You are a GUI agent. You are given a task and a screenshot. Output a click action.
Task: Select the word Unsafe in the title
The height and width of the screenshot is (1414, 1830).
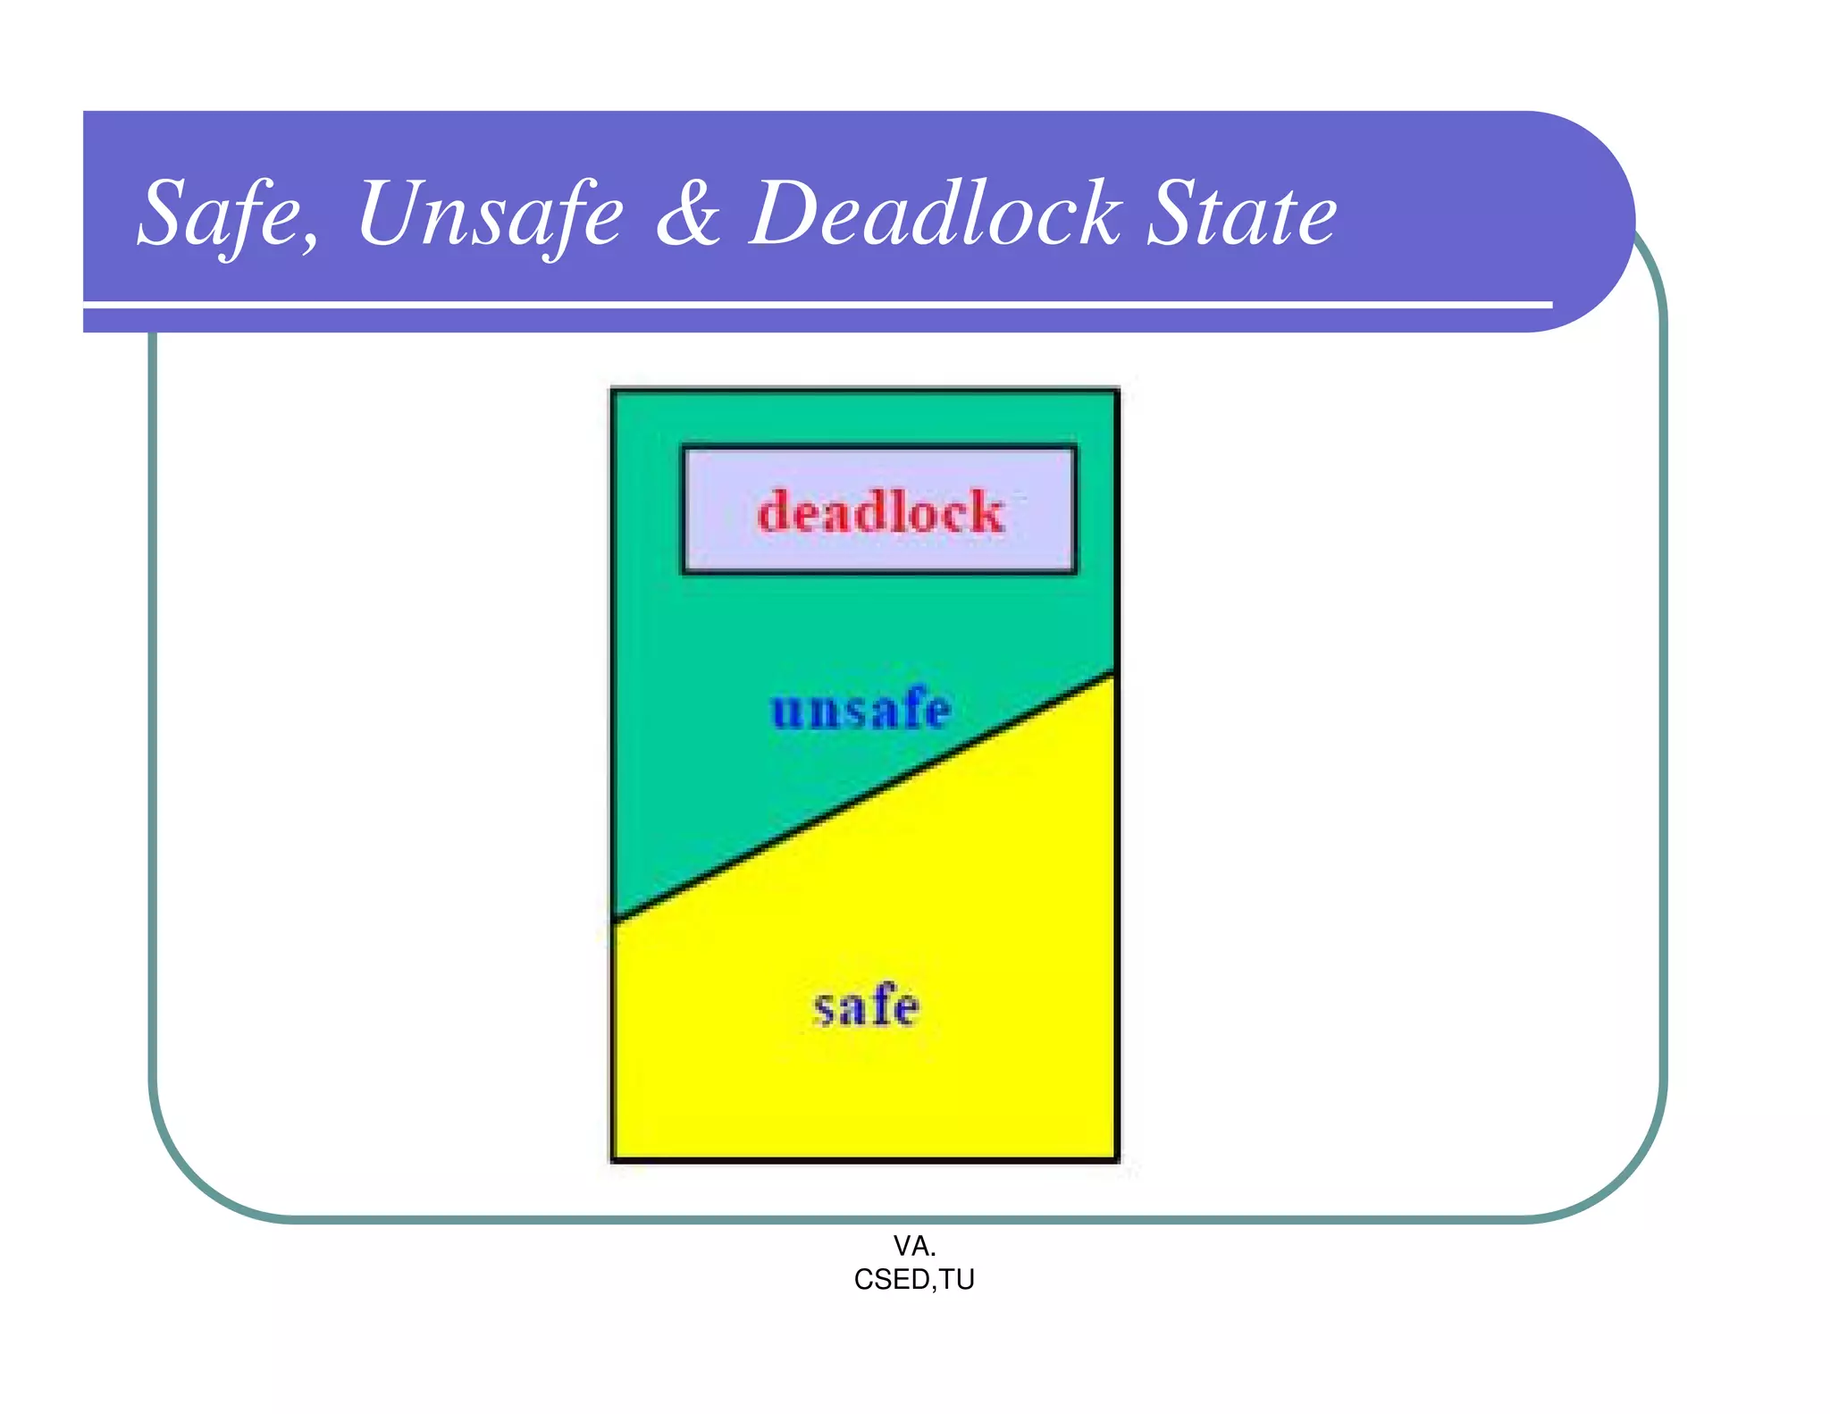pyautogui.click(x=490, y=215)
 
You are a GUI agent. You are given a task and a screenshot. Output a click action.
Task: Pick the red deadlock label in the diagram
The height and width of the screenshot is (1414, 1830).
pyautogui.click(x=880, y=512)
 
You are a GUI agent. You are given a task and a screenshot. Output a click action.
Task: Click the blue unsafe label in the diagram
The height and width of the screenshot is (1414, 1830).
pyautogui.click(x=860, y=710)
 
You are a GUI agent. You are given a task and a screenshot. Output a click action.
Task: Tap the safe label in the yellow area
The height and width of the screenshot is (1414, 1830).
pyautogui.click(x=866, y=1006)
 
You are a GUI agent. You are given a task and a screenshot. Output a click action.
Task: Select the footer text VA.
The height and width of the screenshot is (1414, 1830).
pyautogui.click(x=914, y=1245)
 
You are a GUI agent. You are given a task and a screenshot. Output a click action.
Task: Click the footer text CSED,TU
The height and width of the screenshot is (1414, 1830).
pyautogui.click(x=914, y=1280)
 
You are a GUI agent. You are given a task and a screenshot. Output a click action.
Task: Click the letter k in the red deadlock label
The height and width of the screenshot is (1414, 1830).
pyautogui.click(x=987, y=512)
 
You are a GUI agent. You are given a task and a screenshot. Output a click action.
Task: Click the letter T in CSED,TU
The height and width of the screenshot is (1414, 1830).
pyautogui.click(x=949, y=1280)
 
